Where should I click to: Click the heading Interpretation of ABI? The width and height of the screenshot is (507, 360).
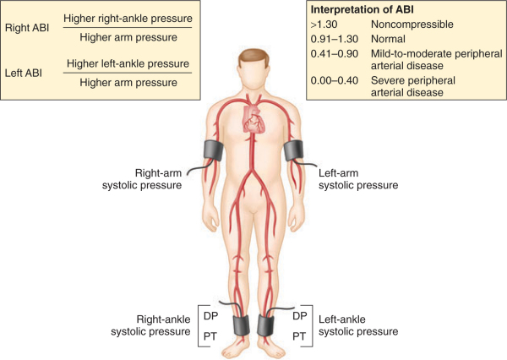[x=366, y=9]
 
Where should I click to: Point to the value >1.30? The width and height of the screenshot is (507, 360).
[x=324, y=25]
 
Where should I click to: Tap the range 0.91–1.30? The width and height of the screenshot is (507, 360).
[x=335, y=40]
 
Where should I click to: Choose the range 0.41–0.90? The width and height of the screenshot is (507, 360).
[x=335, y=54]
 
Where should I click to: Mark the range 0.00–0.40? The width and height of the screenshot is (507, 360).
[x=335, y=82]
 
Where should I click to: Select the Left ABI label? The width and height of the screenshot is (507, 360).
[x=26, y=74]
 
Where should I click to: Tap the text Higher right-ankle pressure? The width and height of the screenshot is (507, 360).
[x=128, y=18]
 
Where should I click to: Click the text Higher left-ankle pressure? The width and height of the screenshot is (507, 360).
[x=128, y=64]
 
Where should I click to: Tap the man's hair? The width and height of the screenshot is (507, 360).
[x=253, y=56]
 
